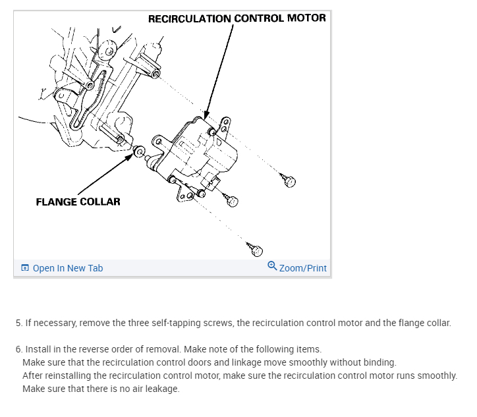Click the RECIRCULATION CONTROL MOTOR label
tap(237, 18)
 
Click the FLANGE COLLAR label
tap(78, 202)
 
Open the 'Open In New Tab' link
tap(67, 268)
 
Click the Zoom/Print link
tap(302, 268)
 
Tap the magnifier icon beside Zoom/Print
tap(272, 266)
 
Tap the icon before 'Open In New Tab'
tap(25, 268)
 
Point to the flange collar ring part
tap(139, 153)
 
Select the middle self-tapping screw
tap(232, 201)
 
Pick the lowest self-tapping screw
tap(256, 250)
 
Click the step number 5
tap(18, 323)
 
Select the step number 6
tap(18, 349)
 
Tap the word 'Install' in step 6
tap(38, 349)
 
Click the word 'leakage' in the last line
tap(161, 389)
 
